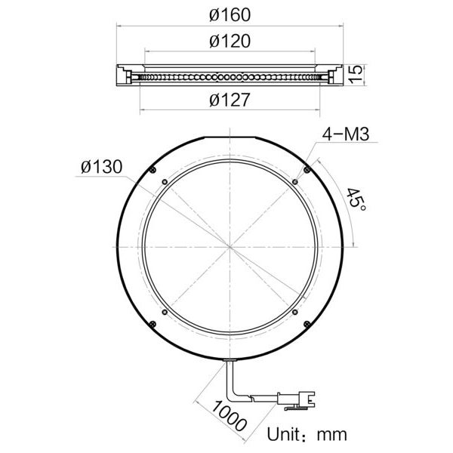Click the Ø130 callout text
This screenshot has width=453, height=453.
pos(101,168)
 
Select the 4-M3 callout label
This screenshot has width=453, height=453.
pos(344,134)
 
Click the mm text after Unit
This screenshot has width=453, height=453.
pos(331,435)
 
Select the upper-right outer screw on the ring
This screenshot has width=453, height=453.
pos(305,170)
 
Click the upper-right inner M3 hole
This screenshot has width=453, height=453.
pos(294,180)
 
